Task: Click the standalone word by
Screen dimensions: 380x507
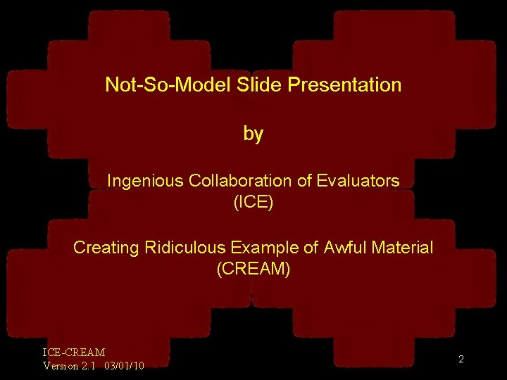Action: [253, 134]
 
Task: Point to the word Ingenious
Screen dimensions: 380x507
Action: [145, 181]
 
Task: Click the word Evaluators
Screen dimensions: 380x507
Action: [358, 181]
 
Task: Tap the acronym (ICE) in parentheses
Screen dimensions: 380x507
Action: [253, 203]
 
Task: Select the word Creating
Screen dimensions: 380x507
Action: [106, 248]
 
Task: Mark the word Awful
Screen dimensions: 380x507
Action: [342, 248]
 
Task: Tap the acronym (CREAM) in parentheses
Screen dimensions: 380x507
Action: [253, 269]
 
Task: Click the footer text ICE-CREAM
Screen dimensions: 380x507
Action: [74, 352]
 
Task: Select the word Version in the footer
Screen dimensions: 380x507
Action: [61, 365]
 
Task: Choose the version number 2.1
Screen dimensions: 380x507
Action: [89, 365]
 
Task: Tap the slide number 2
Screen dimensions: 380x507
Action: [461, 360]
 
